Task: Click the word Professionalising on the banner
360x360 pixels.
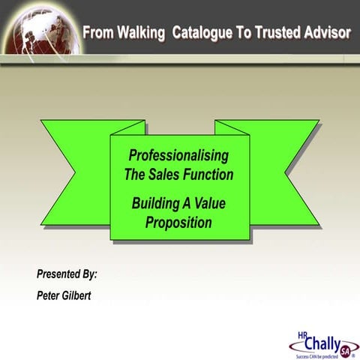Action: click(x=178, y=156)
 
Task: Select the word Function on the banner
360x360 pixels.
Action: click(x=211, y=175)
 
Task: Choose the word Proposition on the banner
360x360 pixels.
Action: click(x=178, y=222)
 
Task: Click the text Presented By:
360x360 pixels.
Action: click(x=67, y=274)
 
